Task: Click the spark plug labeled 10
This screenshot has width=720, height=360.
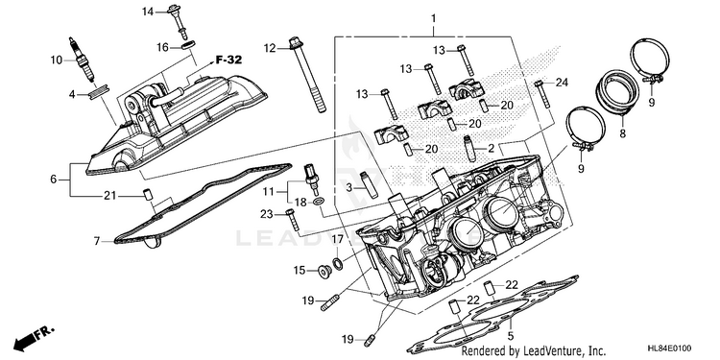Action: coord(82,60)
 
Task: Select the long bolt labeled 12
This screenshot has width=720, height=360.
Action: coord(307,75)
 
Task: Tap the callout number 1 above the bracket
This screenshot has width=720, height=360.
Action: coord(433,19)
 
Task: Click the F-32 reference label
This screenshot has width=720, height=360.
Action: coord(228,60)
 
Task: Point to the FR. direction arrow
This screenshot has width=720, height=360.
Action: coord(34,338)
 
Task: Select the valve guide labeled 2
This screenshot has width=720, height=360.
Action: coord(470,148)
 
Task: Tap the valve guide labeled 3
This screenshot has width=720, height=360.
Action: coord(370,184)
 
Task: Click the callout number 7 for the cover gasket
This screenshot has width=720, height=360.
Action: coord(97,241)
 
